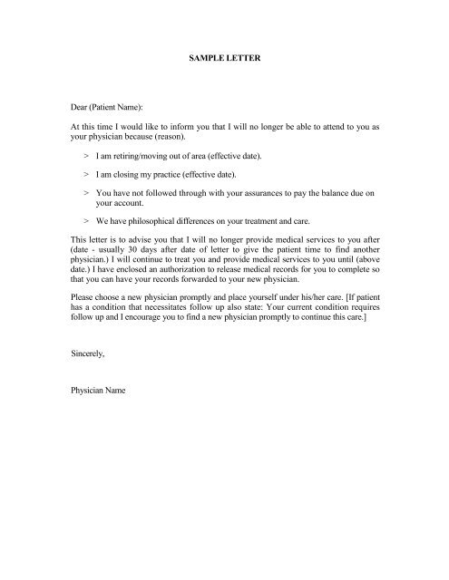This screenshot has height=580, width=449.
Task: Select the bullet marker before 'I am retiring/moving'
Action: coord(85,157)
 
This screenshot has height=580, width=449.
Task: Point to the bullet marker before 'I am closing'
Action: coord(85,175)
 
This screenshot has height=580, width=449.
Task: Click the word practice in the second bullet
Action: coord(190,175)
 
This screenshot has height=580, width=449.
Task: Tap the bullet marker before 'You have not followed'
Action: coord(85,194)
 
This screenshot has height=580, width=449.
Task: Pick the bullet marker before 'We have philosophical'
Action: coord(85,222)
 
